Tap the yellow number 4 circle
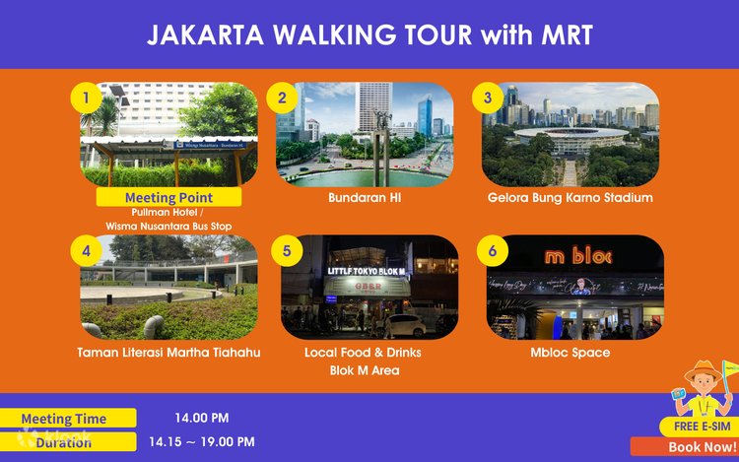pyautogui.click(x=87, y=250)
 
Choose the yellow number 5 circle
pyautogui.click(x=287, y=250)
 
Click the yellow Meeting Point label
pyautogui.click(x=168, y=197)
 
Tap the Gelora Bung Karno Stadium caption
pyautogui.click(x=571, y=198)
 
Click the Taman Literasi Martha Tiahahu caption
pyautogui.click(x=168, y=353)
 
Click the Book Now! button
pyautogui.click(x=702, y=447)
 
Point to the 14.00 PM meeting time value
pyautogui.click(x=202, y=418)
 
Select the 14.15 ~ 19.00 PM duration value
pyautogui.click(x=202, y=442)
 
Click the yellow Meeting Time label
pyautogui.click(x=67, y=419)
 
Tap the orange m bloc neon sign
pyautogui.click(x=578, y=257)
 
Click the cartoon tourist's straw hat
pyautogui.click(x=703, y=372)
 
